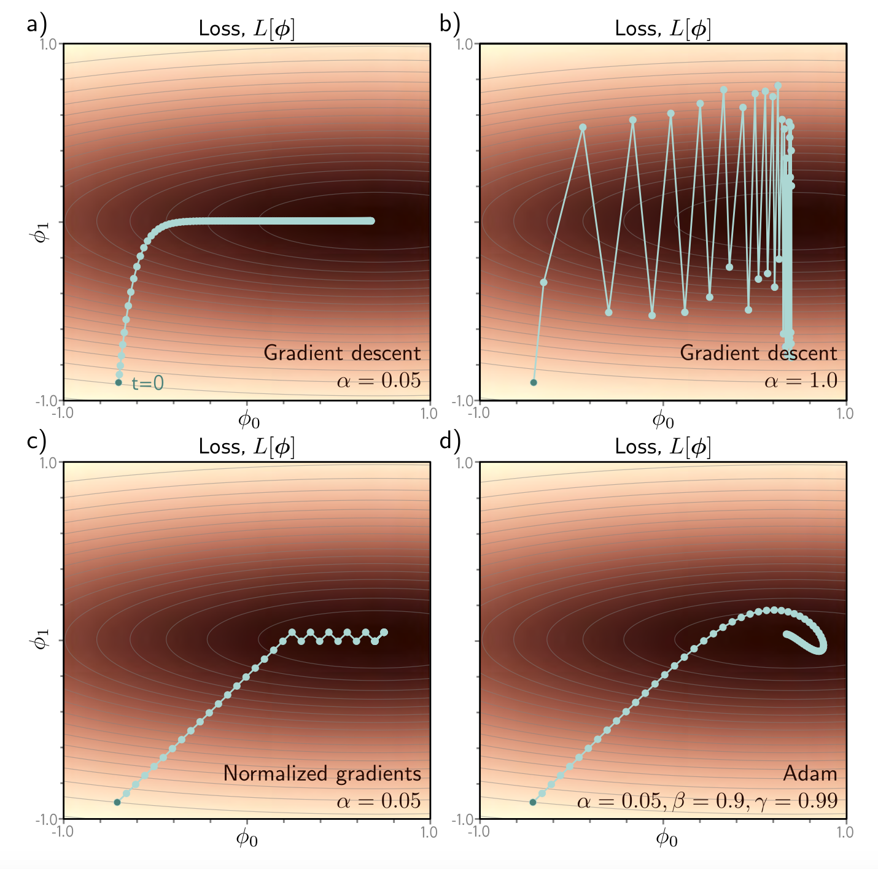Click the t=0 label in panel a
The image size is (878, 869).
(148, 384)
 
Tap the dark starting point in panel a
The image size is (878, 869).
(118, 382)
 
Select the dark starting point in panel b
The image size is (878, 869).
(534, 382)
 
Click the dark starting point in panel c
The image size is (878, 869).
(117, 802)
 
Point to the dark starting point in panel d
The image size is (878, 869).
(533, 802)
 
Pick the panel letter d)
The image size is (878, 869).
(450, 441)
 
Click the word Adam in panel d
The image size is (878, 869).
(810, 774)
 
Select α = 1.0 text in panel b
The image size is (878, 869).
(801, 381)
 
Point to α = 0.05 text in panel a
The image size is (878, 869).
(379, 381)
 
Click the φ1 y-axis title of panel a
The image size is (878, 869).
(41, 233)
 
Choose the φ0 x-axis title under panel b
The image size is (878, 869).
(662, 420)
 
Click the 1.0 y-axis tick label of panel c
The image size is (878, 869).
(49, 462)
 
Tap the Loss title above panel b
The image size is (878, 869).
(663, 28)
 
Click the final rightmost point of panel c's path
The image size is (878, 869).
(384, 632)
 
